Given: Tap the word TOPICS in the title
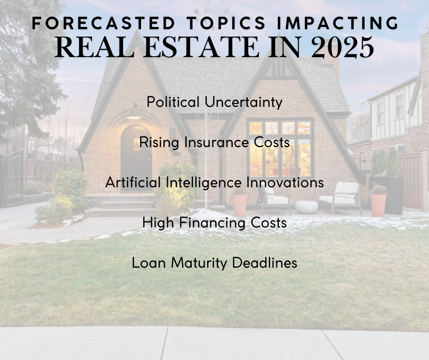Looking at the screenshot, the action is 227,23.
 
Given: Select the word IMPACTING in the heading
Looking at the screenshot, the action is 338,23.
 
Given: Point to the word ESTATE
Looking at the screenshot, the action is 201,47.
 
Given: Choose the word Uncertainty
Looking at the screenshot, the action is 244,102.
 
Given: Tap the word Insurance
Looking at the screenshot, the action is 216,142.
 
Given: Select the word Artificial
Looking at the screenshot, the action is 133,182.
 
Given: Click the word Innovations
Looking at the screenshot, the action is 285,182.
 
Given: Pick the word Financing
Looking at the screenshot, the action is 212,222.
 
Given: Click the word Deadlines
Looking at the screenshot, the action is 265,263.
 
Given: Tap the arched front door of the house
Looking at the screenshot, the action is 136,158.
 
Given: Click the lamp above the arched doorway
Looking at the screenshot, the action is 134,112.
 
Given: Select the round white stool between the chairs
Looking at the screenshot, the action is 306,207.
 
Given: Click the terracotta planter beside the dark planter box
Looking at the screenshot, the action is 378,205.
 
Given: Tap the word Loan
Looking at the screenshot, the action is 149,263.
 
